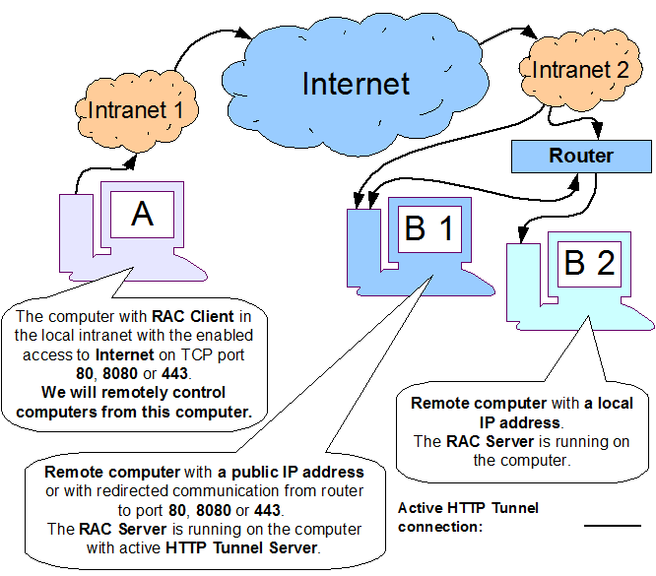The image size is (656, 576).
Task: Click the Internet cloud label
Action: pyautogui.click(x=356, y=83)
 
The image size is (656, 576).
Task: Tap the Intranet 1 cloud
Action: pyautogui.click(x=136, y=109)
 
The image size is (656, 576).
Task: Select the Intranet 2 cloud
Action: pyautogui.click(x=579, y=70)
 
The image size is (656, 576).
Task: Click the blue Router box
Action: pyautogui.click(x=581, y=156)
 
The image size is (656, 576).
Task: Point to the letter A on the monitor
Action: pyautogui.click(x=142, y=214)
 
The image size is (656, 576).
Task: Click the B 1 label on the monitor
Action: pyautogui.click(x=429, y=228)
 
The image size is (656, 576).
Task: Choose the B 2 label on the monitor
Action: pyautogui.click(x=589, y=262)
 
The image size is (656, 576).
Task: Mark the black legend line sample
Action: pyautogui.click(x=613, y=526)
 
